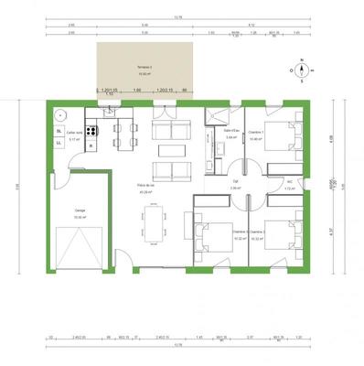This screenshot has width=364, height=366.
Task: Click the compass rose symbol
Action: click(x=299, y=70)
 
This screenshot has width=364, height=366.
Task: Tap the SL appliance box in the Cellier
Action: click(x=59, y=132)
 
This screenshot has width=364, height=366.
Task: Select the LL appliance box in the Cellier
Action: click(x=59, y=144)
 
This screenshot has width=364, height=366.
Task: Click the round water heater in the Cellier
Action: click(x=60, y=115)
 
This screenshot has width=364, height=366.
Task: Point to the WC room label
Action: click(x=290, y=181)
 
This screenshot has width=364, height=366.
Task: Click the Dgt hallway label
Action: click(x=235, y=182)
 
